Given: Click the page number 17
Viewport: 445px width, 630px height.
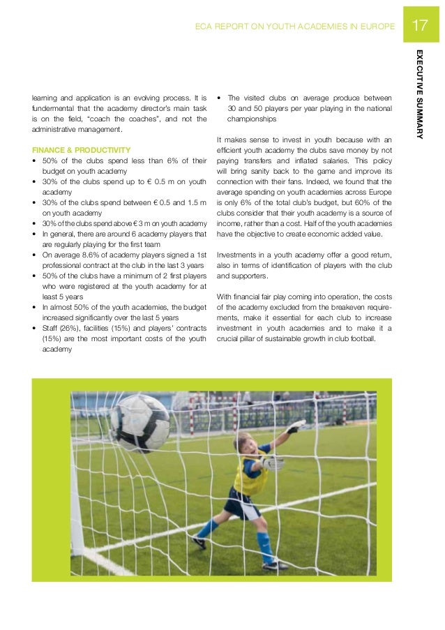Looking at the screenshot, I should (x=419, y=27).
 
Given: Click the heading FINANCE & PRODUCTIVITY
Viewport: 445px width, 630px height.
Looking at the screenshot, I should (x=81, y=150).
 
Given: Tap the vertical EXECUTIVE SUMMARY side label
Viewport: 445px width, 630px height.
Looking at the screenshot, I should (x=418, y=94).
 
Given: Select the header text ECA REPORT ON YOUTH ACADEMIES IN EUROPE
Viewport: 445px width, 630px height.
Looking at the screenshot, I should (x=296, y=27).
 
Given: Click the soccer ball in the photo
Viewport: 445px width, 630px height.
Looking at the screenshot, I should (x=139, y=422).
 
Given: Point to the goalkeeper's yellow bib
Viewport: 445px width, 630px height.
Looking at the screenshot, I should (x=251, y=472).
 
